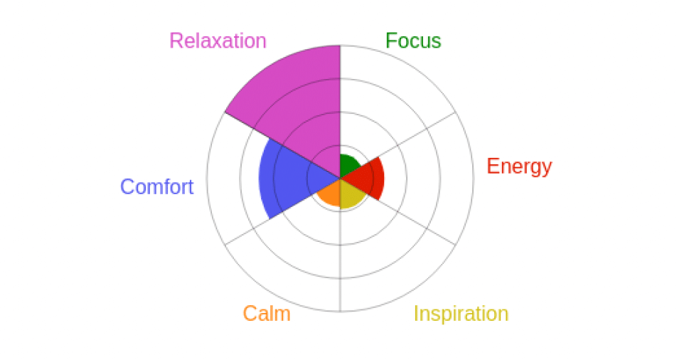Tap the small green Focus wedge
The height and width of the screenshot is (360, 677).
coord(349,166)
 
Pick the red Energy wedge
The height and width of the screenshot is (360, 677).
coord(367,178)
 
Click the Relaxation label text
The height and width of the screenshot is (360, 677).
coord(218,41)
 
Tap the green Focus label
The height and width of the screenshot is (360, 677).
coord(413,41)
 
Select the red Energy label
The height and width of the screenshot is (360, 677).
coord(519,167)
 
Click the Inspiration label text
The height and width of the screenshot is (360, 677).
coord(461,314)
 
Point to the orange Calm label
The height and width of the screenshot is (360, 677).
coord(267,313)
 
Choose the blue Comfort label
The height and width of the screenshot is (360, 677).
coord(157,186)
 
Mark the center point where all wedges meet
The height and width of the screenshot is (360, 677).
coord(340,178)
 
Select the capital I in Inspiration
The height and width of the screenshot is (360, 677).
coord(416,314)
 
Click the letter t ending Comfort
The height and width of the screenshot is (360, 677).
coord(190,188)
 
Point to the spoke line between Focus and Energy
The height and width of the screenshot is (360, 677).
coord(398,144)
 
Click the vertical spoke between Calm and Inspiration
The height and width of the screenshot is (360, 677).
coord(340,245)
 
